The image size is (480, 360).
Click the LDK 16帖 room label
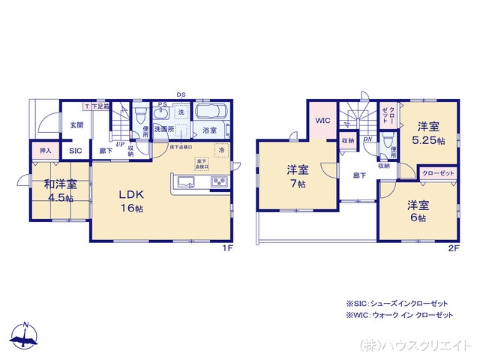[x=129, y=200]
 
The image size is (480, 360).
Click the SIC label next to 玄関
[x=76, y=151]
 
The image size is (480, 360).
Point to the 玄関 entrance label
[x=77, y=125]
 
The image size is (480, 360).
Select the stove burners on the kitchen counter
[x=218, y=181]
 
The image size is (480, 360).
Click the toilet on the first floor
[x=139, y=115]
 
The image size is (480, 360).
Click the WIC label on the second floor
[x=322, y=120]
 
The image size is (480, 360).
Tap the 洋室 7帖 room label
[x=298, y=175]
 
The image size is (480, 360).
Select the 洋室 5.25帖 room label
[x=427, y=133]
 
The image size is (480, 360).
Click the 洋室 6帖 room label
[x=417, y=210]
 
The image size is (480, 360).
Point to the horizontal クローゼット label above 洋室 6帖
[x=438, y=173]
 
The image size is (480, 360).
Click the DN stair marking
[x=368, y=139]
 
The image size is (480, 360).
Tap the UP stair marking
[x=119, y=143]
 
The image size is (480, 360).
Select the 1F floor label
[x=227, y=247]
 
